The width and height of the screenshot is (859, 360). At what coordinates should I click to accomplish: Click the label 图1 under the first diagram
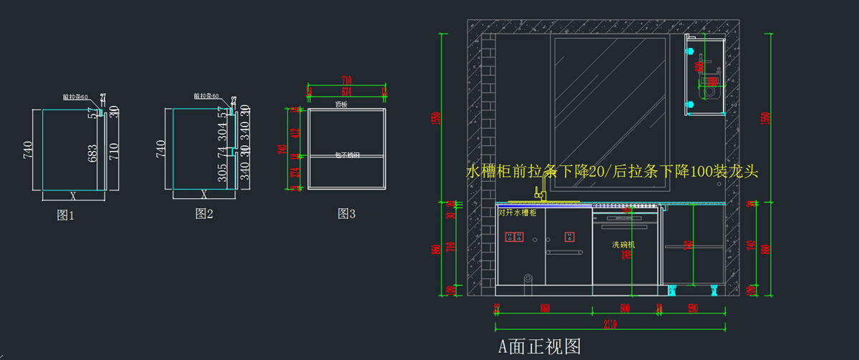click(x=66, y=214)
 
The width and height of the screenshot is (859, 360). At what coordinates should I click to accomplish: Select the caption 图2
click(x=204, y=213)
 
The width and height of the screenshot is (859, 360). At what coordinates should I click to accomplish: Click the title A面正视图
click(x=540, y=347)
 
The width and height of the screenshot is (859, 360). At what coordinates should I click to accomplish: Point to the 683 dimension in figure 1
click(x=92, y=153)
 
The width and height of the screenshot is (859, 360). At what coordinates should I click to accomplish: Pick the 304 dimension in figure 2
click(x=223, y=131)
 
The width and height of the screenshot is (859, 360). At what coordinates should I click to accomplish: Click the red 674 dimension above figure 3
click(x=346, y=92)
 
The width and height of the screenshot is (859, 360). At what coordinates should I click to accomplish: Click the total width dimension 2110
click(x=611, y=324)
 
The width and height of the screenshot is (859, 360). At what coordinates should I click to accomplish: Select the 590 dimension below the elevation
click(x=692, y=308)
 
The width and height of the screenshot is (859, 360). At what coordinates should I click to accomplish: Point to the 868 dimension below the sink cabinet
click(x=545, y=308)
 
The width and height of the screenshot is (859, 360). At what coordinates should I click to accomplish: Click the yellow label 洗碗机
click(x=623, y=245)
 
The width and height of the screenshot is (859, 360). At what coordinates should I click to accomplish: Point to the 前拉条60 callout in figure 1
click(x=75, y=97)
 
